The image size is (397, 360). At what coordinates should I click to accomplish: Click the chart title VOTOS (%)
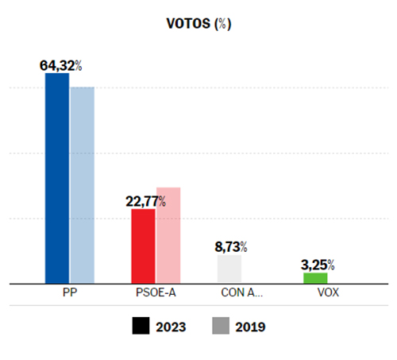click(198, 24)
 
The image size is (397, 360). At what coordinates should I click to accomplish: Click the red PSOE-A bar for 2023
click(143, 246)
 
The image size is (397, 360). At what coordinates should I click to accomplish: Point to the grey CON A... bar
click(229, 269)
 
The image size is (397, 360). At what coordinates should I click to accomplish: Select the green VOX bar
click(315, 277)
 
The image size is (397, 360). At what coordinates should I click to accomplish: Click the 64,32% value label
click(61, 65)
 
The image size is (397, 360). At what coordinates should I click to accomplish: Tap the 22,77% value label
click(146, 201)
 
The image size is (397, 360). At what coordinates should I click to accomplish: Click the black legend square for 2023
click(141, 326)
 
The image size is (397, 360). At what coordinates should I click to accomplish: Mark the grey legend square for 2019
click(222, 326)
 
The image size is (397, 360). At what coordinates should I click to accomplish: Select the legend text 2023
click(173, 326)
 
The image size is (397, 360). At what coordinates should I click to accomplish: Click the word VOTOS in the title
click(187, 24)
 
